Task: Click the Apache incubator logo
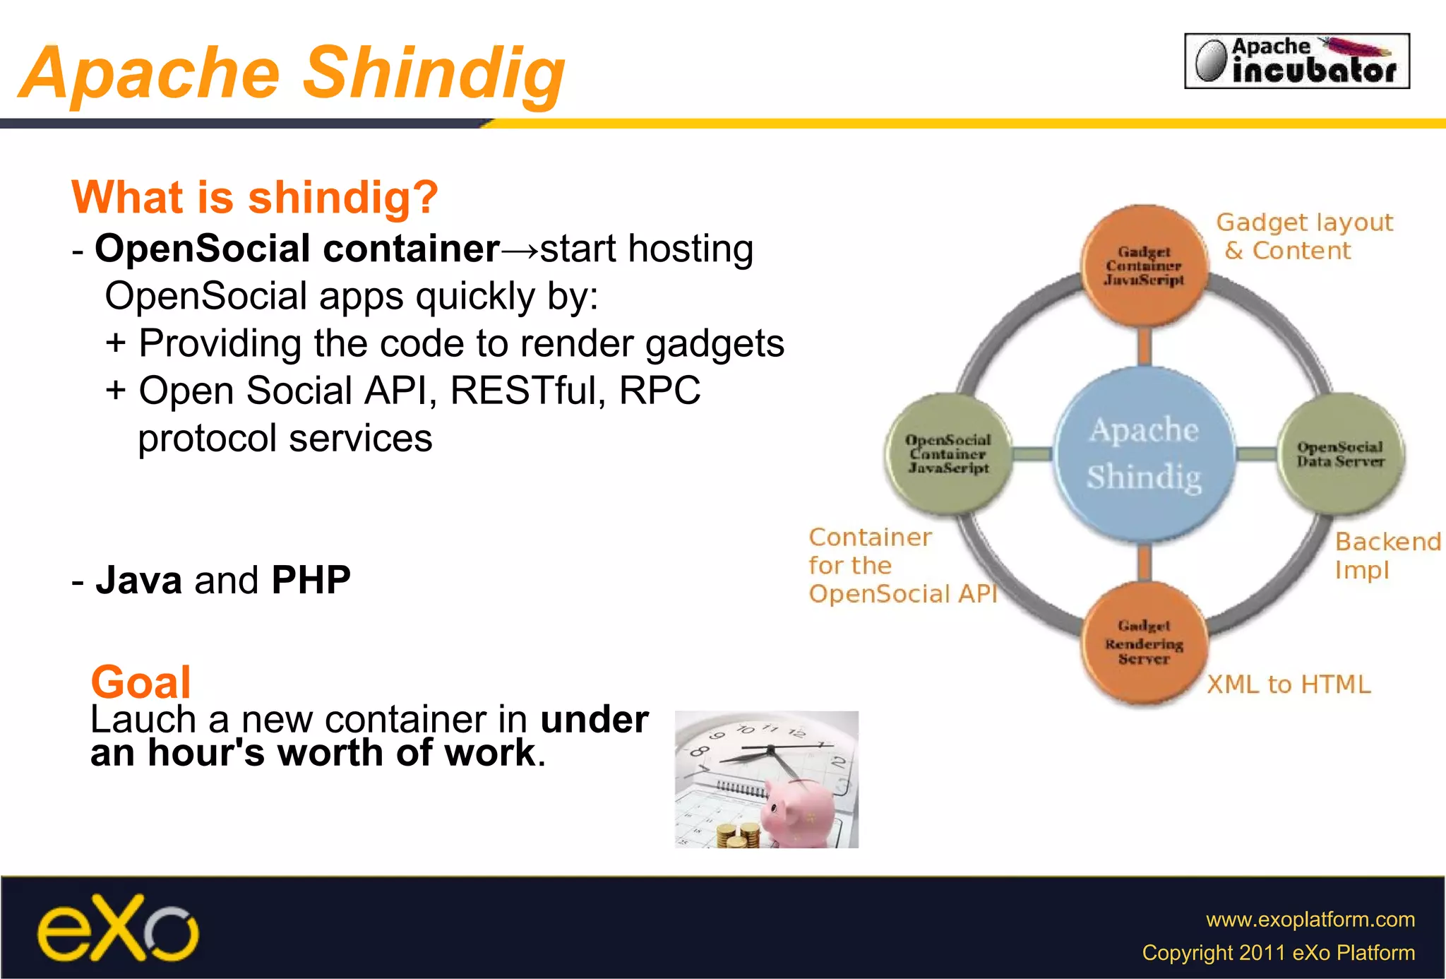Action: click(x=1296, y=61)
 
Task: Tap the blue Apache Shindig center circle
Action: click(x=1144, y=454)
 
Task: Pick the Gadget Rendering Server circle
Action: click(x=1144, y=643)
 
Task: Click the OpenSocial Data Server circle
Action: click(x=1340, y=454)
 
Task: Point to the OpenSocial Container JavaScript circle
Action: click(x=948, y=454)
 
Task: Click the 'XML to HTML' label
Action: click(x=1289, y=684)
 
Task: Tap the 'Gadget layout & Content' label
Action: click(x=1303, y=237)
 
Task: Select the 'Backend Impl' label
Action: click(x=1386, y=556)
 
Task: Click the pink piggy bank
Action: click(x=801, y=812)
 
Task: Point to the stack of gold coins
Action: click(x=738, y=836)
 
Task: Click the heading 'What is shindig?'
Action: click(x=255, y=197)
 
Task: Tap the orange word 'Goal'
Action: click(x=141, y=682)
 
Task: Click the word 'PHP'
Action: click(x=311, y=581)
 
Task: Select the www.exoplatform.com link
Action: click(x=1310, y=920)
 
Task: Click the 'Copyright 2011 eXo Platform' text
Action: click(x=1278, y=953)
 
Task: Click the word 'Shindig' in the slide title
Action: click(x=434, y=73)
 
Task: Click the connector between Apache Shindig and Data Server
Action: click(x=1257, y=454)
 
